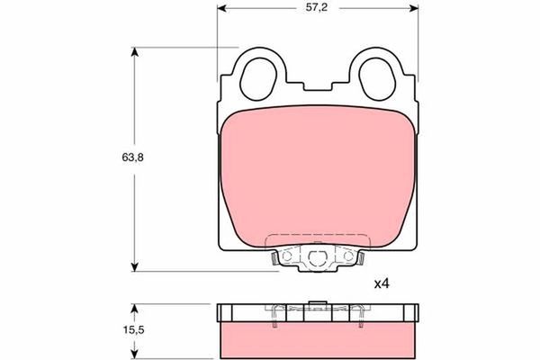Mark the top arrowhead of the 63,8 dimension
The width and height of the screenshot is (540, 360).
click(x=136, y=51)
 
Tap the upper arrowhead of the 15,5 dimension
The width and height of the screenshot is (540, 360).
click(x=136, y=309)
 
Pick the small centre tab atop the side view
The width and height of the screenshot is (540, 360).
click(x=317, y=303)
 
